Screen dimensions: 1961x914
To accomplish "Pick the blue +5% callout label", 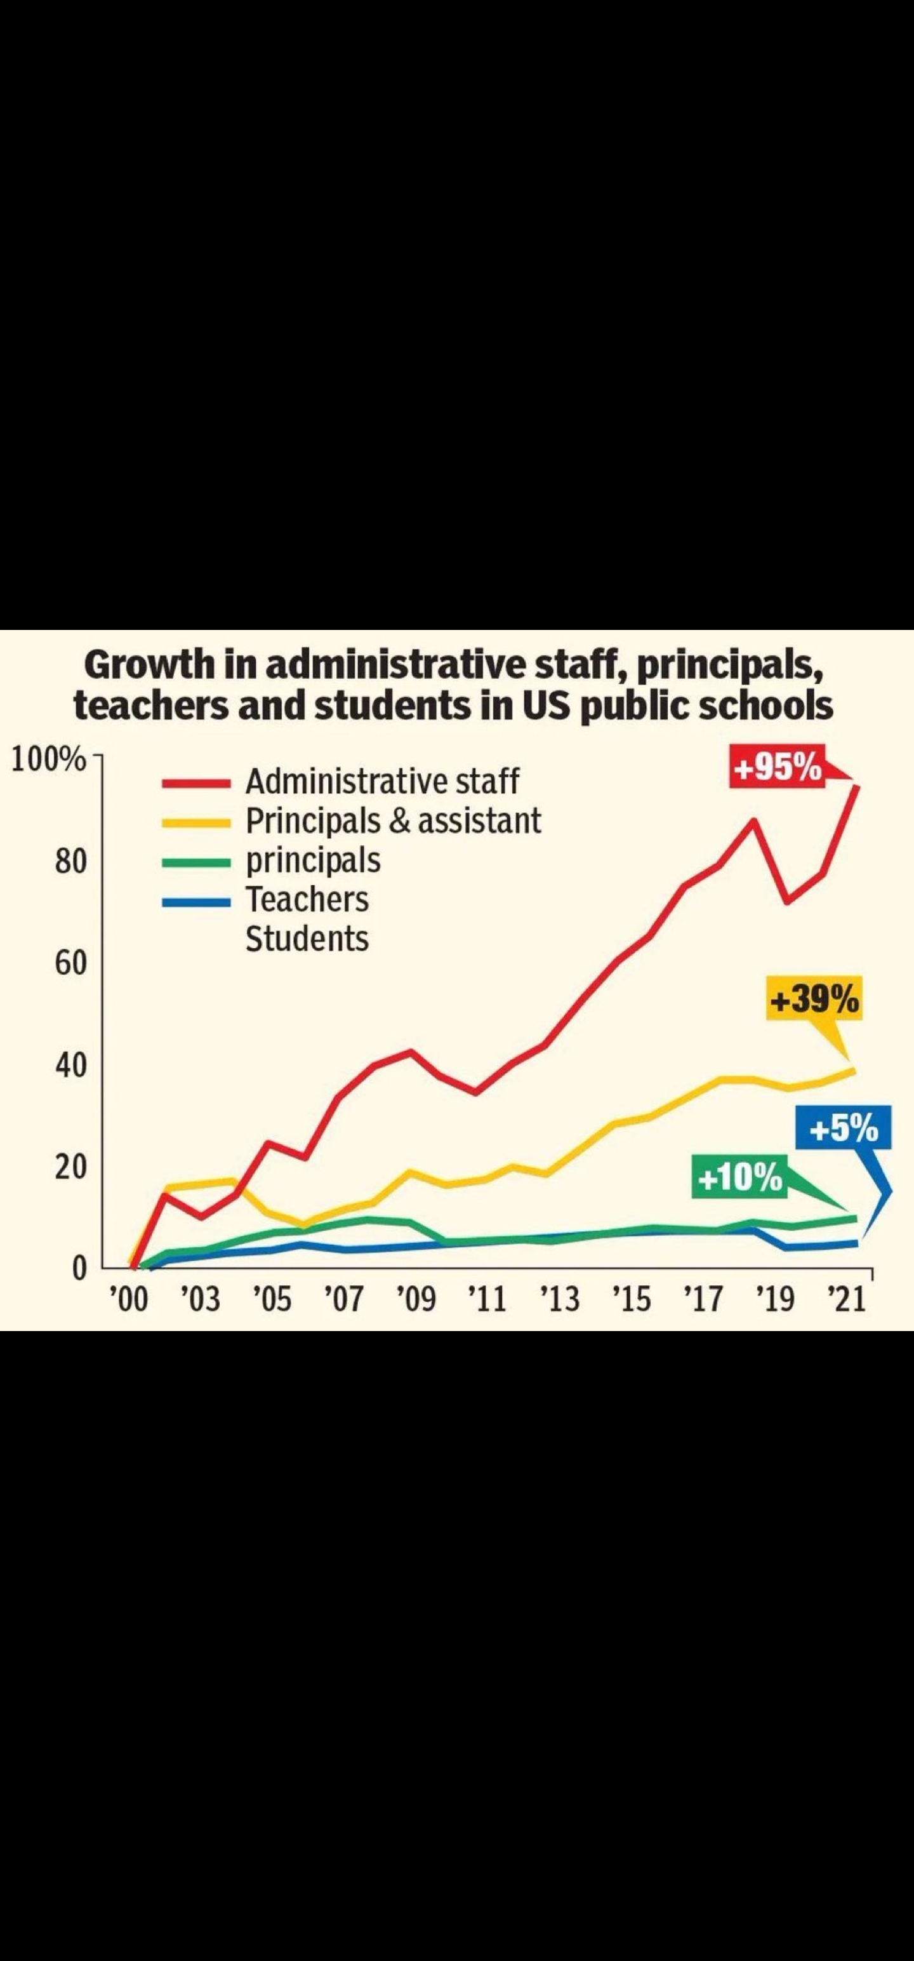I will [x=843, y=1128].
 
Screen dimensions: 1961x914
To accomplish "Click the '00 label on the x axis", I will [x=127, y=1299].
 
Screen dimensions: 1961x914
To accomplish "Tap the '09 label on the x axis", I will [x=417, y=1299].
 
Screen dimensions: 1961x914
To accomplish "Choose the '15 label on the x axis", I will [x=632, y=1299].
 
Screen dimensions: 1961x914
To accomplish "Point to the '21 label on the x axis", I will [x=847, y=1299].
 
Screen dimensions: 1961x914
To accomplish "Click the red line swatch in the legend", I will [x=195, y=782].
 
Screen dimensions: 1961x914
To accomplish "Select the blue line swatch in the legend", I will [x=195, y=901].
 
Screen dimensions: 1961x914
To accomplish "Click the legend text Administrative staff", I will [x=382, y=781].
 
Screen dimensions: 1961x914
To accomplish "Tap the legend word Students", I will [x=307, y=939].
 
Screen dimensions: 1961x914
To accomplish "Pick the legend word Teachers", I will [x=307, y=900].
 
